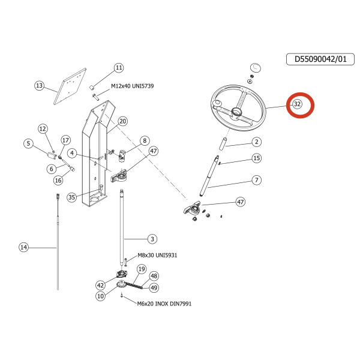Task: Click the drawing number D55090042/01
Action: pos(320,59)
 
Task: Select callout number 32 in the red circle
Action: pos(297,104)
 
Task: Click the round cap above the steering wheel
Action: pos(256,68)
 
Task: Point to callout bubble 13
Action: pos(39,86)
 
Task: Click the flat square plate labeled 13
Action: pos(70,86)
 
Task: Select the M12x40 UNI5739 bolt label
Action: pos(132,86)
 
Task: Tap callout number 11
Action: pos(119,68)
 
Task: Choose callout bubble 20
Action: pos(123,121)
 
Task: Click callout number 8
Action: pos(145,140)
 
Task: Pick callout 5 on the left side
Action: pos(28,143)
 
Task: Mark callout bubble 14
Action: pos(23,247)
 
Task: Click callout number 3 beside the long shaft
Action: pos(152,239)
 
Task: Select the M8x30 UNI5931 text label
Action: pos(157,256)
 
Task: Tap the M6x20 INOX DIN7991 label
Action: pos(164,304)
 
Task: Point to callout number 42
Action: pos(100,286)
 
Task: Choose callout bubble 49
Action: pos(154,287)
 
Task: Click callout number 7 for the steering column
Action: pos(256,180)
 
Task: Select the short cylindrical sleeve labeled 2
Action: pos(223,144)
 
